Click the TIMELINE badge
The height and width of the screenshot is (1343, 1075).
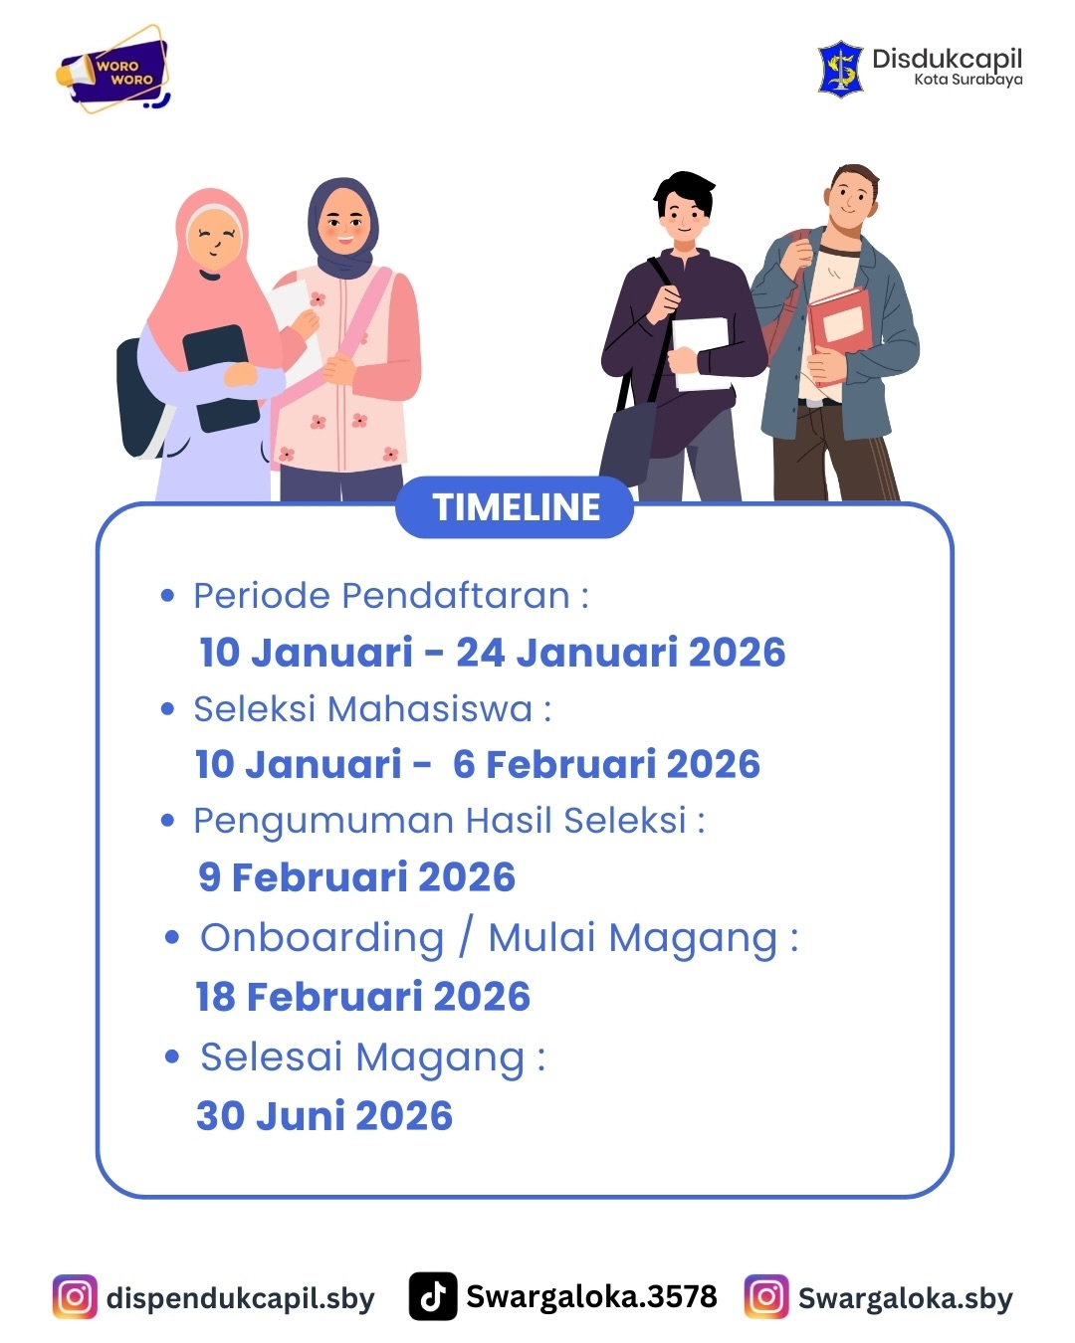(515, 506)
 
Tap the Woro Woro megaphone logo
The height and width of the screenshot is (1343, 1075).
(113, 69)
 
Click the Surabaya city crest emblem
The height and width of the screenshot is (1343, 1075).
(840, 69)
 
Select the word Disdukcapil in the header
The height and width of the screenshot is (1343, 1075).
(947, 60)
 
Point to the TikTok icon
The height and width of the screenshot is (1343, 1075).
(433, 1296)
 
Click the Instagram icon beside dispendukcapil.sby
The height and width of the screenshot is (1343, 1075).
(75, 1297)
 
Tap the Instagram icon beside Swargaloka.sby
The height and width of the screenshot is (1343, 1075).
(766, 1297)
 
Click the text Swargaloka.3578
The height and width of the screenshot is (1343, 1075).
(591, 1296)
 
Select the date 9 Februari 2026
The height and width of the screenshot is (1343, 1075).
(356, 876)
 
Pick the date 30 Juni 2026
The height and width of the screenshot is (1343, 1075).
(324, 1115)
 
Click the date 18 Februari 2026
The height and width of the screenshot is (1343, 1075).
(363, 996)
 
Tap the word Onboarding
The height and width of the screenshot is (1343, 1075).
(322, 939)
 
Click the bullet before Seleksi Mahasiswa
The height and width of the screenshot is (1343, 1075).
(167, 709)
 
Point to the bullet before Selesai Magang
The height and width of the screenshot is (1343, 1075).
(172, 1056)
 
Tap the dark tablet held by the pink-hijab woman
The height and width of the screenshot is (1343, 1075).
(221, 378)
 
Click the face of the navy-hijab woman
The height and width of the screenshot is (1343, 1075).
(343, 225)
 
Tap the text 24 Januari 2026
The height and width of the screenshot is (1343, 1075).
(621, 653)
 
